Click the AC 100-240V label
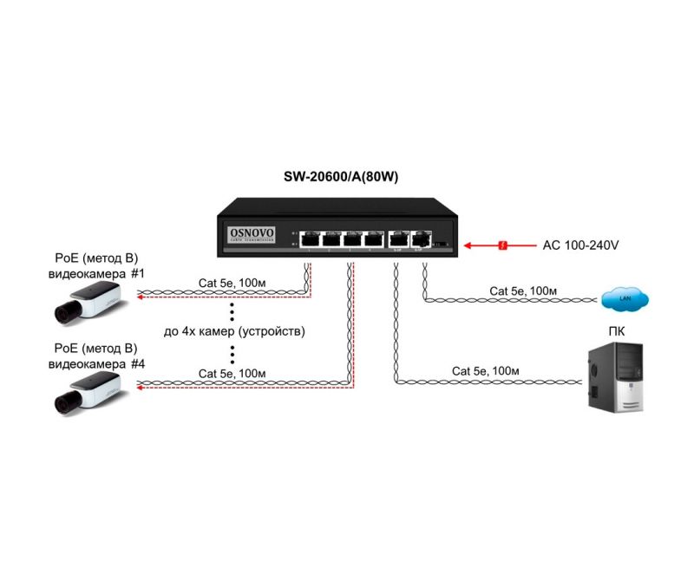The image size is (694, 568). coord(580,245)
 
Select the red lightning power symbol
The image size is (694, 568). coord(501,246)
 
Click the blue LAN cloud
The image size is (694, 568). coord(625,300)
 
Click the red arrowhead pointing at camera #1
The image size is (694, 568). coord(135,297)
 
